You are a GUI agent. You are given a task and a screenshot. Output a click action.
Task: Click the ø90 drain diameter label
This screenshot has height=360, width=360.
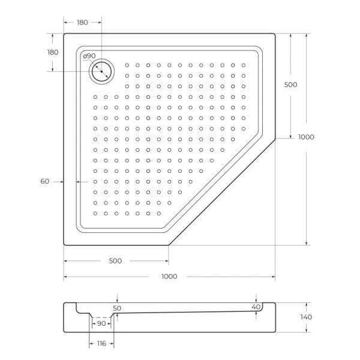pyautogui.click(x=88, y=56)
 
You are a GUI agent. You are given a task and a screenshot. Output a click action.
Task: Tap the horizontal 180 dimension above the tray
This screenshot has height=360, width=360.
pyautogui.click(x=82, y=22)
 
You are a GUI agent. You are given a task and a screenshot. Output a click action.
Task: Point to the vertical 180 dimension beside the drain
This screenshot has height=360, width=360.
pyautogui.click(x=53, y=52)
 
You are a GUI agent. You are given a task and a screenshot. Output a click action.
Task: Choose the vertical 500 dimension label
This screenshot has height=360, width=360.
pyautogui.click(x=290, y=85)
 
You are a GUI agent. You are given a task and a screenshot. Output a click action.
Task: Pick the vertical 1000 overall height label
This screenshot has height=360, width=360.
pyautogui.click(x=306, y=137)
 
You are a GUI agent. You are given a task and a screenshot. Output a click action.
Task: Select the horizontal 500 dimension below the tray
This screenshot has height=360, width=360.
pyautogui.click(x=115, y=261)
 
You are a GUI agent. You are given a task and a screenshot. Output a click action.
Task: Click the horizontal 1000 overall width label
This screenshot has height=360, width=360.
pyautogui.click(x=169, y=277)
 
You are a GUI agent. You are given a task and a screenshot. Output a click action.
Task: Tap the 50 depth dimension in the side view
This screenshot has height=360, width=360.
pyautogui.click(x=118, y=308)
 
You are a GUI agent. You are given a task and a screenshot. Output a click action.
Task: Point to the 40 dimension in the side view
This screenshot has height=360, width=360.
pyautogui.click(x=256, y=307)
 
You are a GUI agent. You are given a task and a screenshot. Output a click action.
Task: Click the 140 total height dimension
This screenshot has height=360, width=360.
pyautogui.click(x=306, y=317)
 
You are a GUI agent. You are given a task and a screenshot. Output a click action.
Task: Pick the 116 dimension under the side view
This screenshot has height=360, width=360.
pyautogui.click(x=101, y=343)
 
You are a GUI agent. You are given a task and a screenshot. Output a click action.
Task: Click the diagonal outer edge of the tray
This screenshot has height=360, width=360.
pyautogui.click(x=222, y=192)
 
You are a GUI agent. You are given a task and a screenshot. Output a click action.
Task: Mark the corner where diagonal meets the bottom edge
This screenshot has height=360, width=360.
pyautogui.click(x=169, y=245)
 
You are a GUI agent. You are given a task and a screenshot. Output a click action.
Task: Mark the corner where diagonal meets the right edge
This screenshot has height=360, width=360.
pyautogui.click(x=275, y=139)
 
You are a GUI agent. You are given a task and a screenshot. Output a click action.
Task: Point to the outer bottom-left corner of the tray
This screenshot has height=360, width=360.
pyautogui.click(x=64, y=245)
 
